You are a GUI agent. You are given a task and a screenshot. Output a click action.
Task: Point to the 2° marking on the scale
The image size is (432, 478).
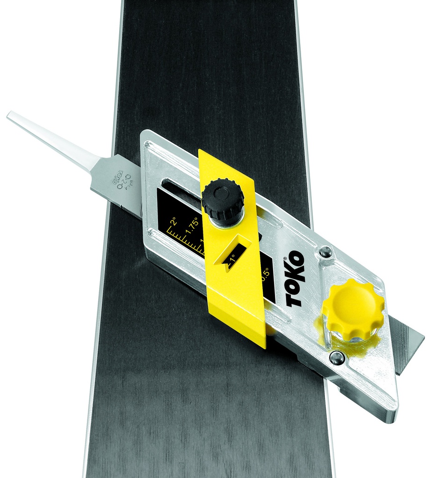(x=173, y=220)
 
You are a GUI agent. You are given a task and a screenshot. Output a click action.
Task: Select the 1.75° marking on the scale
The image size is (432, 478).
(x=192, y=222)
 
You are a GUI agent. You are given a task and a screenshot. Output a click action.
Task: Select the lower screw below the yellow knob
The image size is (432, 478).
(x=338, y=358)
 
